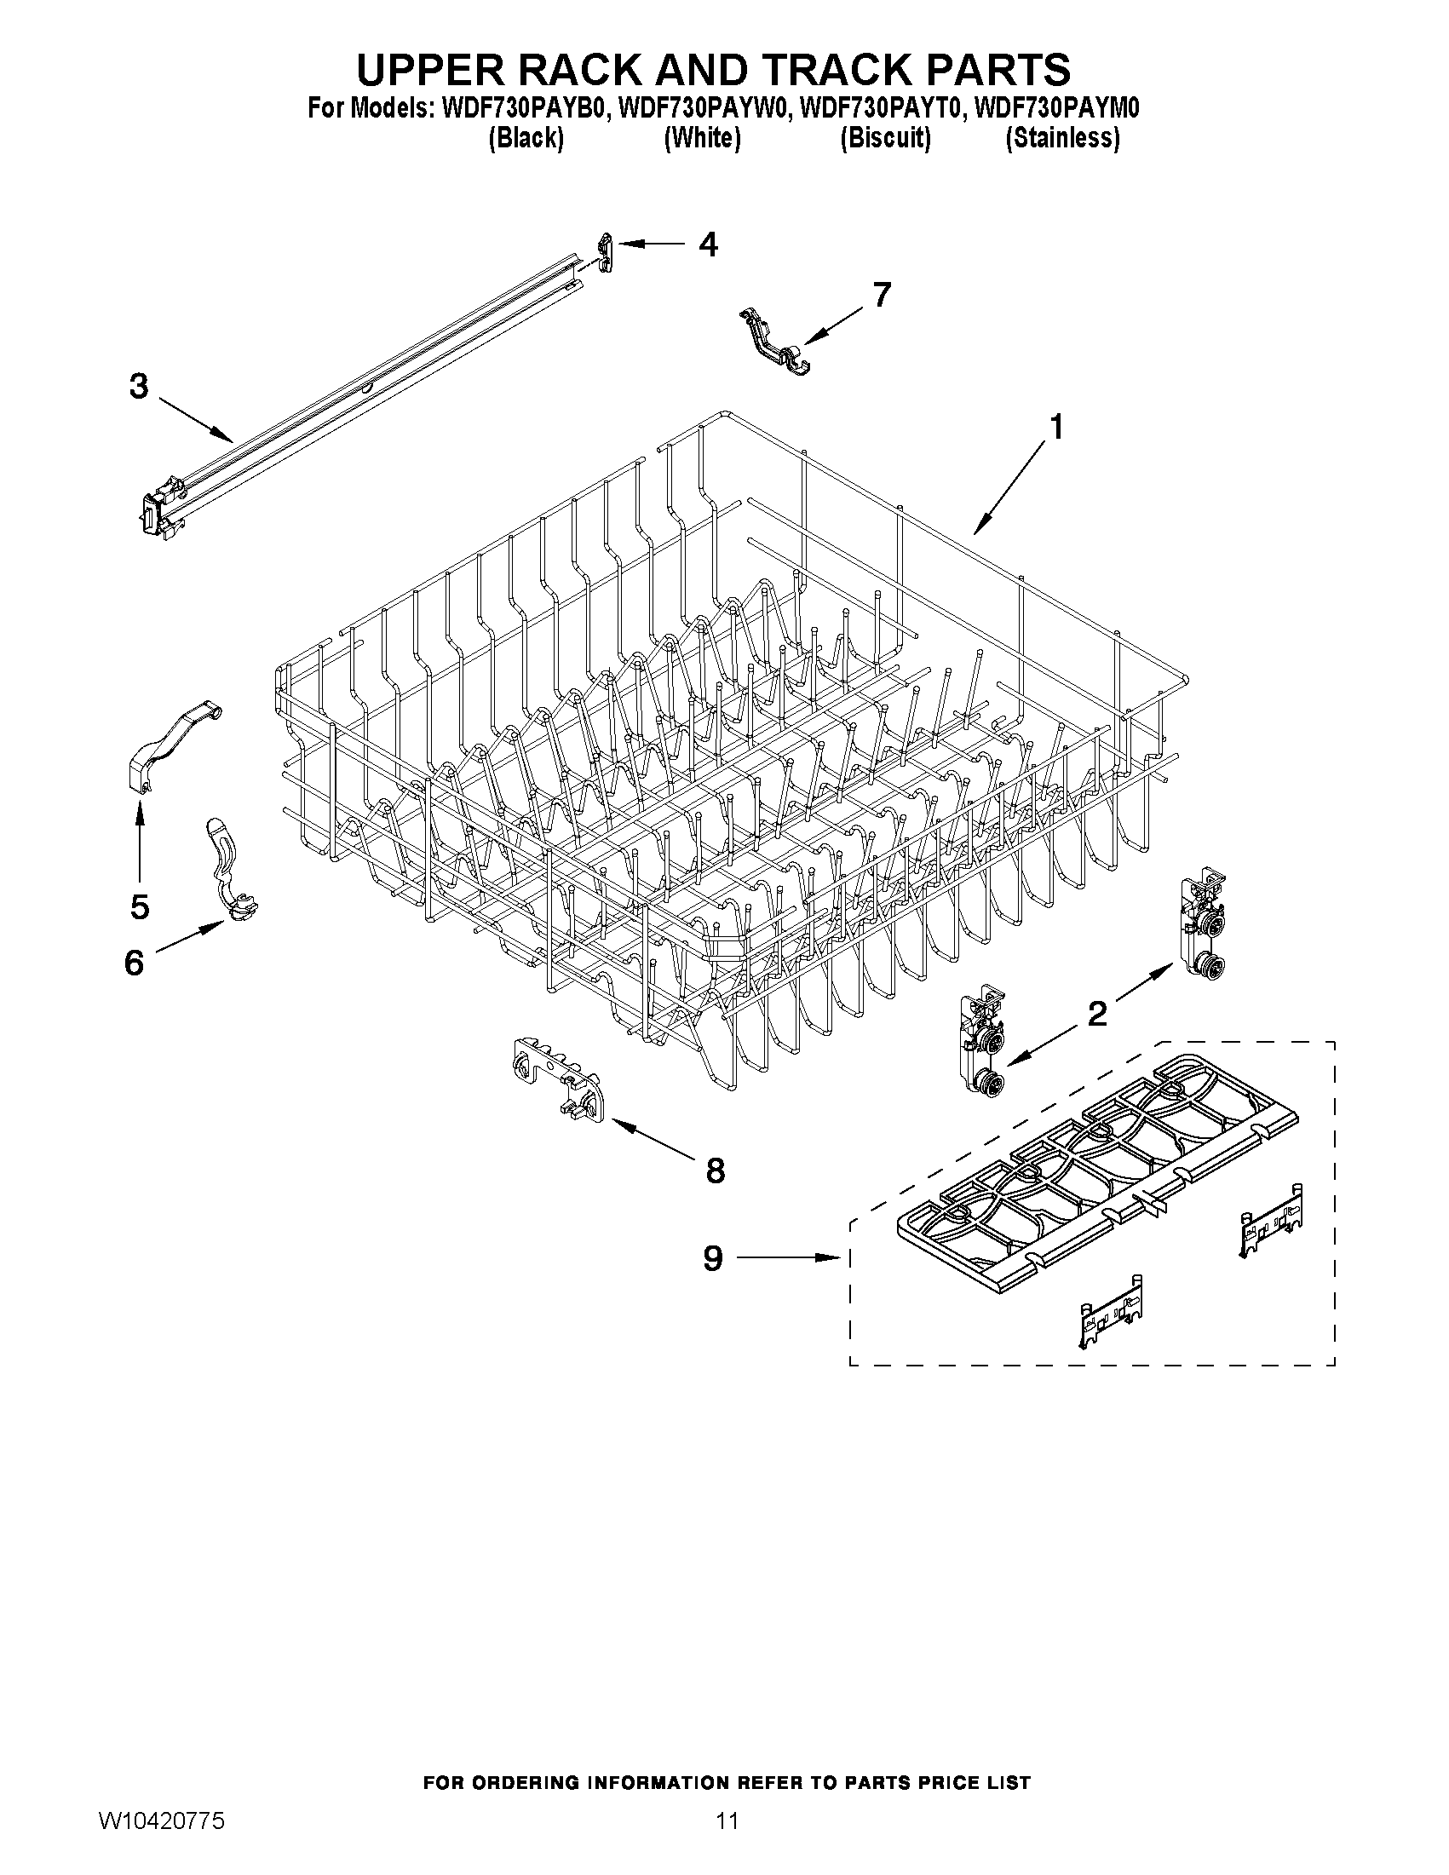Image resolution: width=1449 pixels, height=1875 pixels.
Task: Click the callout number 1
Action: coord(1056,427)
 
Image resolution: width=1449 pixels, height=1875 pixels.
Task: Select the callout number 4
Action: coord(708,244)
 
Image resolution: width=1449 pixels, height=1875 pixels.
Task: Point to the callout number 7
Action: coord(881,295)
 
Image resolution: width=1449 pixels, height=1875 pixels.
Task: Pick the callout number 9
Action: coord(713,1258)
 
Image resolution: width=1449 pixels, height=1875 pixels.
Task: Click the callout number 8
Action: coord(715,1170)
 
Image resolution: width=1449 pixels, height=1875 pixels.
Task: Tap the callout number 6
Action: coord(134,963)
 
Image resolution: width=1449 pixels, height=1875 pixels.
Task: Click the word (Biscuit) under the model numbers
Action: coord(885,137)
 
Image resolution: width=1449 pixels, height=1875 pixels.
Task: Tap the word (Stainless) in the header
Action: coord(1062,137)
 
